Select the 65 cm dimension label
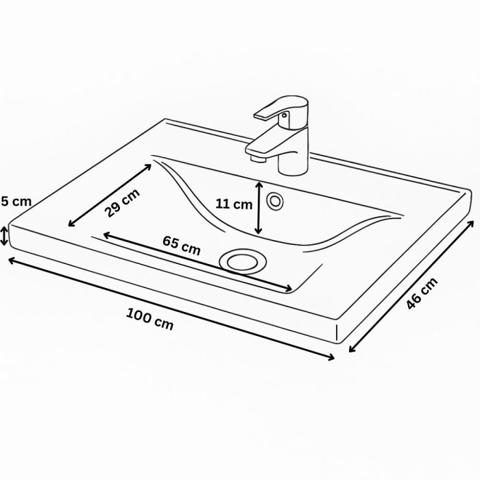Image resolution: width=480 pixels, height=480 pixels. [x=182, y=245]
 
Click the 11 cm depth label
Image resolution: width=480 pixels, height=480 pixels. [x=233, y=204]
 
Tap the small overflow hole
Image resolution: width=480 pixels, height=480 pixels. [x=276, y=202]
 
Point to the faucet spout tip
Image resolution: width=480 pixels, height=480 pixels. [x=255, y=157]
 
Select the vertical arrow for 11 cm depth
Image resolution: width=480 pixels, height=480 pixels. [x=258, y=208]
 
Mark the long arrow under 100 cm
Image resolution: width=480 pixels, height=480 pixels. [x=171, y=309]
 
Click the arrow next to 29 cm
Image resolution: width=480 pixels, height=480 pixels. [x=110, y=194]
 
